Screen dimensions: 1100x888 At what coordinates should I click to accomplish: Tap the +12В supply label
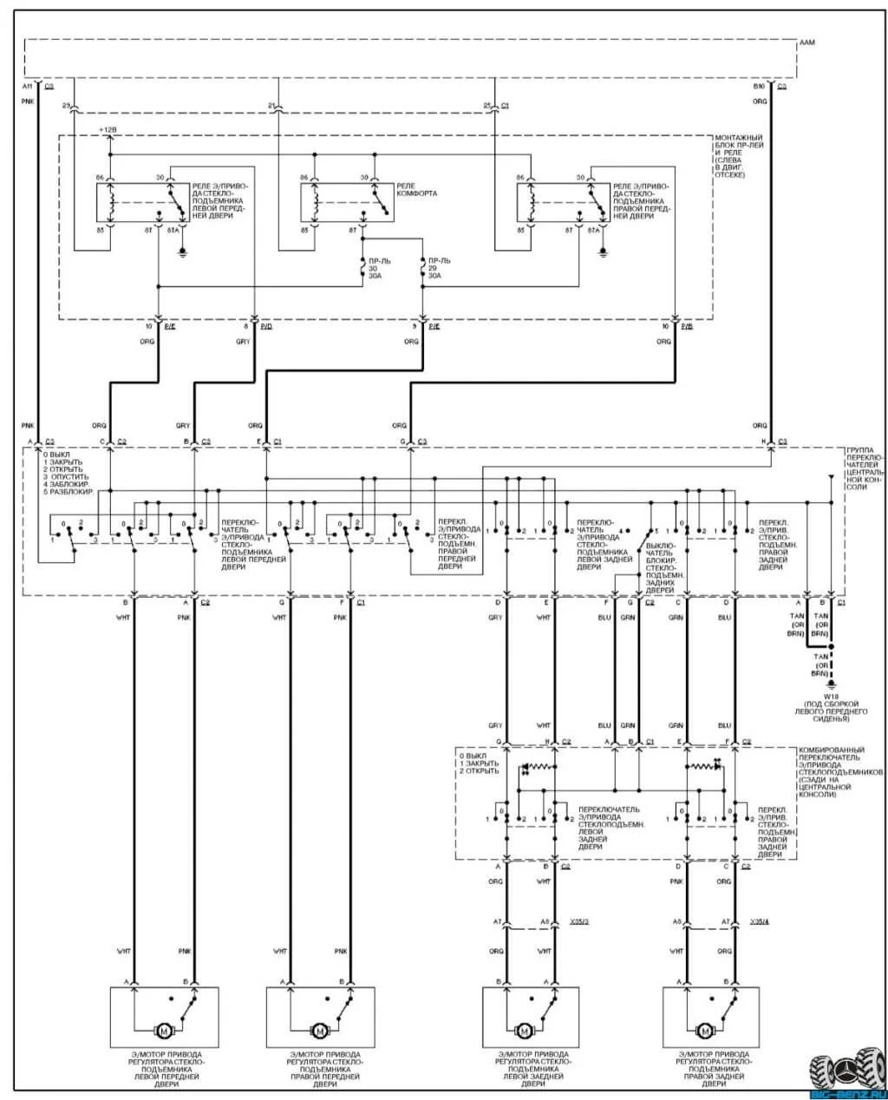pos(108,129)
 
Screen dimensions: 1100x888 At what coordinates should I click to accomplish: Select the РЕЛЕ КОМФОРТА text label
pos(416,190)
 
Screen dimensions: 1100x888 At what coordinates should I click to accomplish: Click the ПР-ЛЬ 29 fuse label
pos(434,267)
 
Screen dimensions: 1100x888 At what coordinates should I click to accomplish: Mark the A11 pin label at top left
pos(27,87)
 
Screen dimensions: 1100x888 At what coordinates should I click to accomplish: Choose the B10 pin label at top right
pos(759,87)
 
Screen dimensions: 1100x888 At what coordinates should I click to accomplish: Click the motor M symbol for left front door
pos(163,1030)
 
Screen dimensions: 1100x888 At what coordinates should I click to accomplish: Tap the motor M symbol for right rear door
pos(704,1030)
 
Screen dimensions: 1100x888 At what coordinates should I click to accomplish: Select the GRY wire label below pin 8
pos(242,342)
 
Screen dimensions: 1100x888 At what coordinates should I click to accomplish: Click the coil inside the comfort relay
pos(317,201)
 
